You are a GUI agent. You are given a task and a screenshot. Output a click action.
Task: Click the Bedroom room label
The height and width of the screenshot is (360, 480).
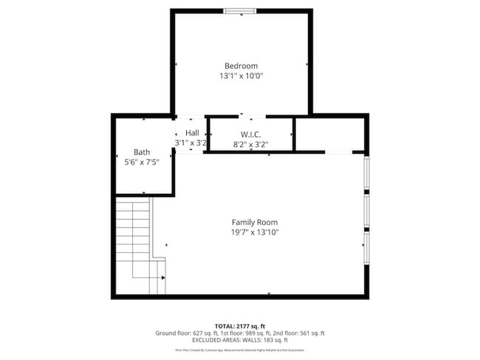pos(241,66)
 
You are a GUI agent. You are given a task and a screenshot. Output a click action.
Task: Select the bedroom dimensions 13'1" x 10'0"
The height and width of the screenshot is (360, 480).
pos(241,76)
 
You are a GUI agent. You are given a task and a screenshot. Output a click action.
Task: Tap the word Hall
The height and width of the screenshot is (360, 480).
pos(192,133)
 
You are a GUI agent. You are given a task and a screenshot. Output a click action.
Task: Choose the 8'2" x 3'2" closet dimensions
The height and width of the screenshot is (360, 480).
pos(250,145)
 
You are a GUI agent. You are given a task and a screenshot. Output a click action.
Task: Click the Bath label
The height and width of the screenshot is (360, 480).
pos(142,152)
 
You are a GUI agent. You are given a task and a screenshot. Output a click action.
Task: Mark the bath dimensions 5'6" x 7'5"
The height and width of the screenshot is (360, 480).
pos(142,162)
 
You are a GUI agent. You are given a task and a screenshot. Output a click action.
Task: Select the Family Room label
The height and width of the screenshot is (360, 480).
pos(255,222)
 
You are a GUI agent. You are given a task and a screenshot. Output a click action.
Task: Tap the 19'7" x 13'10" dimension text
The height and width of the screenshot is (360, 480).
pos(255,232)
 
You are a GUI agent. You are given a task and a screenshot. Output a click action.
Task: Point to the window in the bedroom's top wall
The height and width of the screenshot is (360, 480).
pos(241,10)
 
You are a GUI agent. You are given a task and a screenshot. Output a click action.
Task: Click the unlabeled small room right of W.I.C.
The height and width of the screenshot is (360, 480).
pos(329,134)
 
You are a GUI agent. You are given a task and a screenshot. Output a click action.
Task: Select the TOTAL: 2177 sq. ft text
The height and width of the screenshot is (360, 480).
pos(240,325)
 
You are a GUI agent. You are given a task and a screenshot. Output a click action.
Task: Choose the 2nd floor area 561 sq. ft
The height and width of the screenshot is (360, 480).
pos(309,333)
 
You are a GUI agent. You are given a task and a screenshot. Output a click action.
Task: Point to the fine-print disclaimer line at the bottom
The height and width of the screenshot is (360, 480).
pos(240,350)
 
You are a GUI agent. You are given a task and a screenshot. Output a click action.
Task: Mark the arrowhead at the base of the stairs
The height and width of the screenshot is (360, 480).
pos(162,278)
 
